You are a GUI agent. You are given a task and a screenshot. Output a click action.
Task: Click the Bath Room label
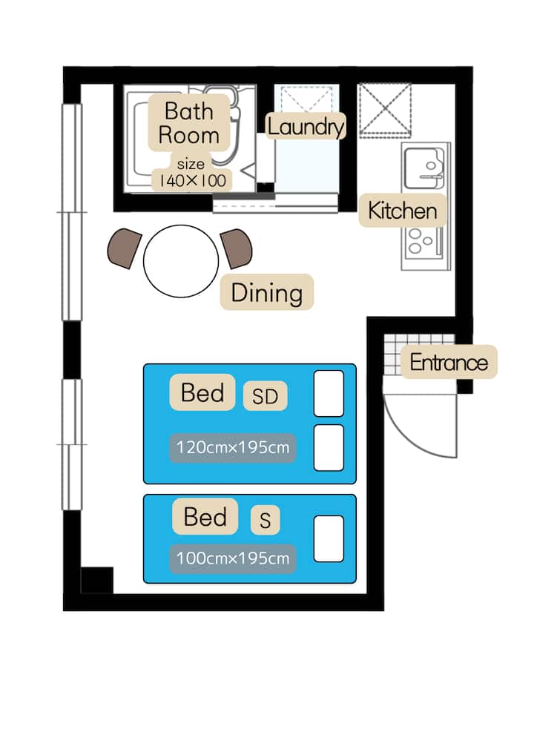click(188, 123)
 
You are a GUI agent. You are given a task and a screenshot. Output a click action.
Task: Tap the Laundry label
click(306, 127)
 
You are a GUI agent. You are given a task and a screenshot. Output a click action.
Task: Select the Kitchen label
click(403, 211)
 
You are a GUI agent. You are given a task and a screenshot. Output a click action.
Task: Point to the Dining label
click(267, 292)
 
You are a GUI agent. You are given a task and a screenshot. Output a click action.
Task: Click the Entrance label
click(449, 362)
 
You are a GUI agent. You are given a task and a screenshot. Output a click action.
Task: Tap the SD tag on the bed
click(266, 396)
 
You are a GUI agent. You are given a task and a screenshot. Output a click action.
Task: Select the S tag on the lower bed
click(266, 520)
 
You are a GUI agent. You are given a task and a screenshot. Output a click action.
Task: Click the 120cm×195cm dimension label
click(233, 448)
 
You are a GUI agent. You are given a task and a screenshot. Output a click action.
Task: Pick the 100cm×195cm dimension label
click(233, 558)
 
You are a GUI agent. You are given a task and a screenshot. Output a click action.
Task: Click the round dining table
click(181, 261)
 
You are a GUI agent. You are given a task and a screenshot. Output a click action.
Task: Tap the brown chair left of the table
click(125, 248)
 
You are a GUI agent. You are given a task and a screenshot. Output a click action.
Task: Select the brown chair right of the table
click(237, 248)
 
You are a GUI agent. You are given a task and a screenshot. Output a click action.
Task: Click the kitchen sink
click(423, 168)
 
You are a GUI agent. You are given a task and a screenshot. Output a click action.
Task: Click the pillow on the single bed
click(329, 538)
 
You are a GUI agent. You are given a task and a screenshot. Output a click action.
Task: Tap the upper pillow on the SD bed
click(329, 393)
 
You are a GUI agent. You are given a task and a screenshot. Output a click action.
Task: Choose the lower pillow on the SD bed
click(329, 448)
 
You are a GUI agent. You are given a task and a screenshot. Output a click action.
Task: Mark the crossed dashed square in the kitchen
click(385, 110)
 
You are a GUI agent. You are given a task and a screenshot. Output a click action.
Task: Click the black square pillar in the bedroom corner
click(96, 580)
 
